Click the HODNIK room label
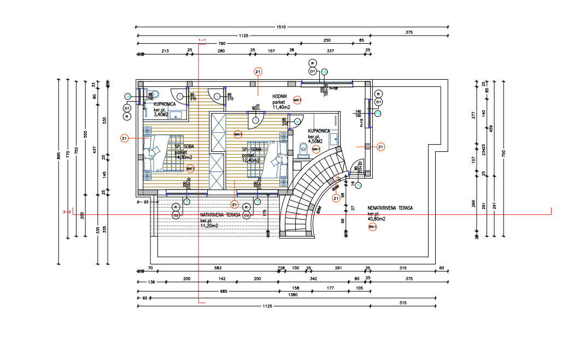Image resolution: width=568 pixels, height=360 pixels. point(280,96)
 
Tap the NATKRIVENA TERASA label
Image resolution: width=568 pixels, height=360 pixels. point(221,215)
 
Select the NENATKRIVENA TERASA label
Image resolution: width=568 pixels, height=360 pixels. point(390,208)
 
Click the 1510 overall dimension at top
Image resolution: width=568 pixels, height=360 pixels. point(280,26)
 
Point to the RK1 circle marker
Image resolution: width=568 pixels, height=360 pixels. point(373,227)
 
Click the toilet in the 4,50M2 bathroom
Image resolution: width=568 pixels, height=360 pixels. point(303,148)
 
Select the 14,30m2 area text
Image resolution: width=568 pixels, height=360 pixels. point(184,157)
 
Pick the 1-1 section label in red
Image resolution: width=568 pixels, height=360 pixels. point(202,40)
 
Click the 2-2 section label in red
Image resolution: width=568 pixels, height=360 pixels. point(67,211)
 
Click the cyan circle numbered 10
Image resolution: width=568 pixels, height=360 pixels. point(324,72)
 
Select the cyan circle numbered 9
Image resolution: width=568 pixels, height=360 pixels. point(128,96)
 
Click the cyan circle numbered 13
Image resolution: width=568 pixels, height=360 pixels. point(378,113)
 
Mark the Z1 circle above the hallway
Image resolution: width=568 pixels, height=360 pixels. point(258,72)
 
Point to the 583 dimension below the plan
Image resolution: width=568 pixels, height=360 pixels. point(218,268)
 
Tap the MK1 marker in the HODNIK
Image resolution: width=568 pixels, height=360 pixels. point(297,100)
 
